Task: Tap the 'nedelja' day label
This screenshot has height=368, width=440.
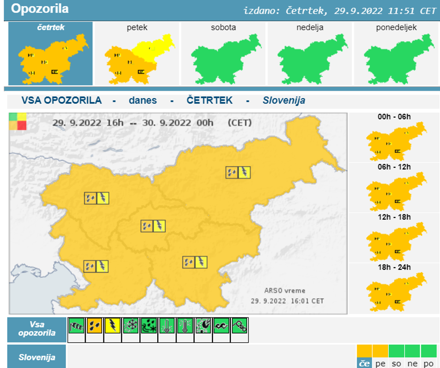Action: tap(309, 28)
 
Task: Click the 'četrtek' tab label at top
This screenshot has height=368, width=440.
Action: tap(51, 27)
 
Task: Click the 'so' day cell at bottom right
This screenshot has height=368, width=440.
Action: tap(396, 363)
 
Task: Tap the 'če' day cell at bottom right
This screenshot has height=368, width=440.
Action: tap(364, 363)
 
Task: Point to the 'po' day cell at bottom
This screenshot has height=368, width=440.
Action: tap(428, 363)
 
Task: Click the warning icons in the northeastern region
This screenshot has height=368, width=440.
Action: tap(238, 172)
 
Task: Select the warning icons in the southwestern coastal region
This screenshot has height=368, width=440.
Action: tap(96, 266)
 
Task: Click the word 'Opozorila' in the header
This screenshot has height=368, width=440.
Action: tap(40, 9)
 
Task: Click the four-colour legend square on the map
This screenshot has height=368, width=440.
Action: tap(18, 121)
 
